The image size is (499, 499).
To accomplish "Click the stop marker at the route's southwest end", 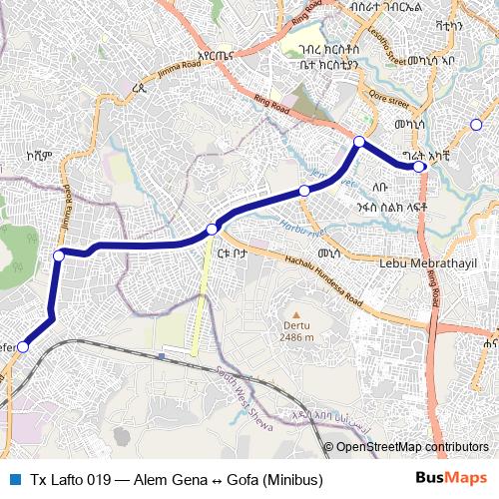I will pyautogui.click(x=23, y=347).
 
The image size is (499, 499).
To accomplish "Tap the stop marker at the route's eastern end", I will pyautogui.click(x=421, y=167).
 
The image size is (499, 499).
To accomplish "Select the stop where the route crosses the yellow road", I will pyautogui.click(x=212, y=231).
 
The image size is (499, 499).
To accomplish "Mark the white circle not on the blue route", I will pyautogui.click(x=476, y=125).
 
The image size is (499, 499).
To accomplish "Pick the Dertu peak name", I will pyautogui.click(x=295, y=325).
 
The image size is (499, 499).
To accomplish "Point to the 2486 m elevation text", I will pyautogui.click(x=295, y=337).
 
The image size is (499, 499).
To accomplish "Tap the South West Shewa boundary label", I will pyautogui.click(x=243, y=393).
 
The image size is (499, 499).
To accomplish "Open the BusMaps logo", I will pyautogui.click(x=459, y=480).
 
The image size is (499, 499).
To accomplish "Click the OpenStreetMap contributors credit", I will pyautogui.click(x=412, y=447).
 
